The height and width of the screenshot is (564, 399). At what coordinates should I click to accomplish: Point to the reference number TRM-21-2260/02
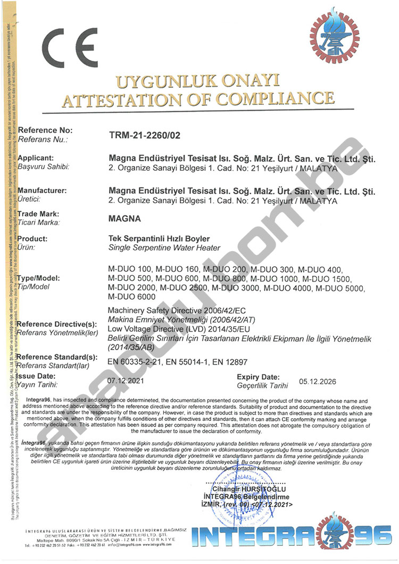[144, 136]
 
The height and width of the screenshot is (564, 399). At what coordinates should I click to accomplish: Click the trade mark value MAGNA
[124, 219]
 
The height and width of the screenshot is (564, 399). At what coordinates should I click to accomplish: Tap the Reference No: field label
[45, 130]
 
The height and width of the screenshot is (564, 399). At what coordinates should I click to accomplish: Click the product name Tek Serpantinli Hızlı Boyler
[159, 239]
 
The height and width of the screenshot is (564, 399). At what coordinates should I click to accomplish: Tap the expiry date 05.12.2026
[318, 381]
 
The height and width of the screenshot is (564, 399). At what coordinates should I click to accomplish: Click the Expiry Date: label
[258, 377]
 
